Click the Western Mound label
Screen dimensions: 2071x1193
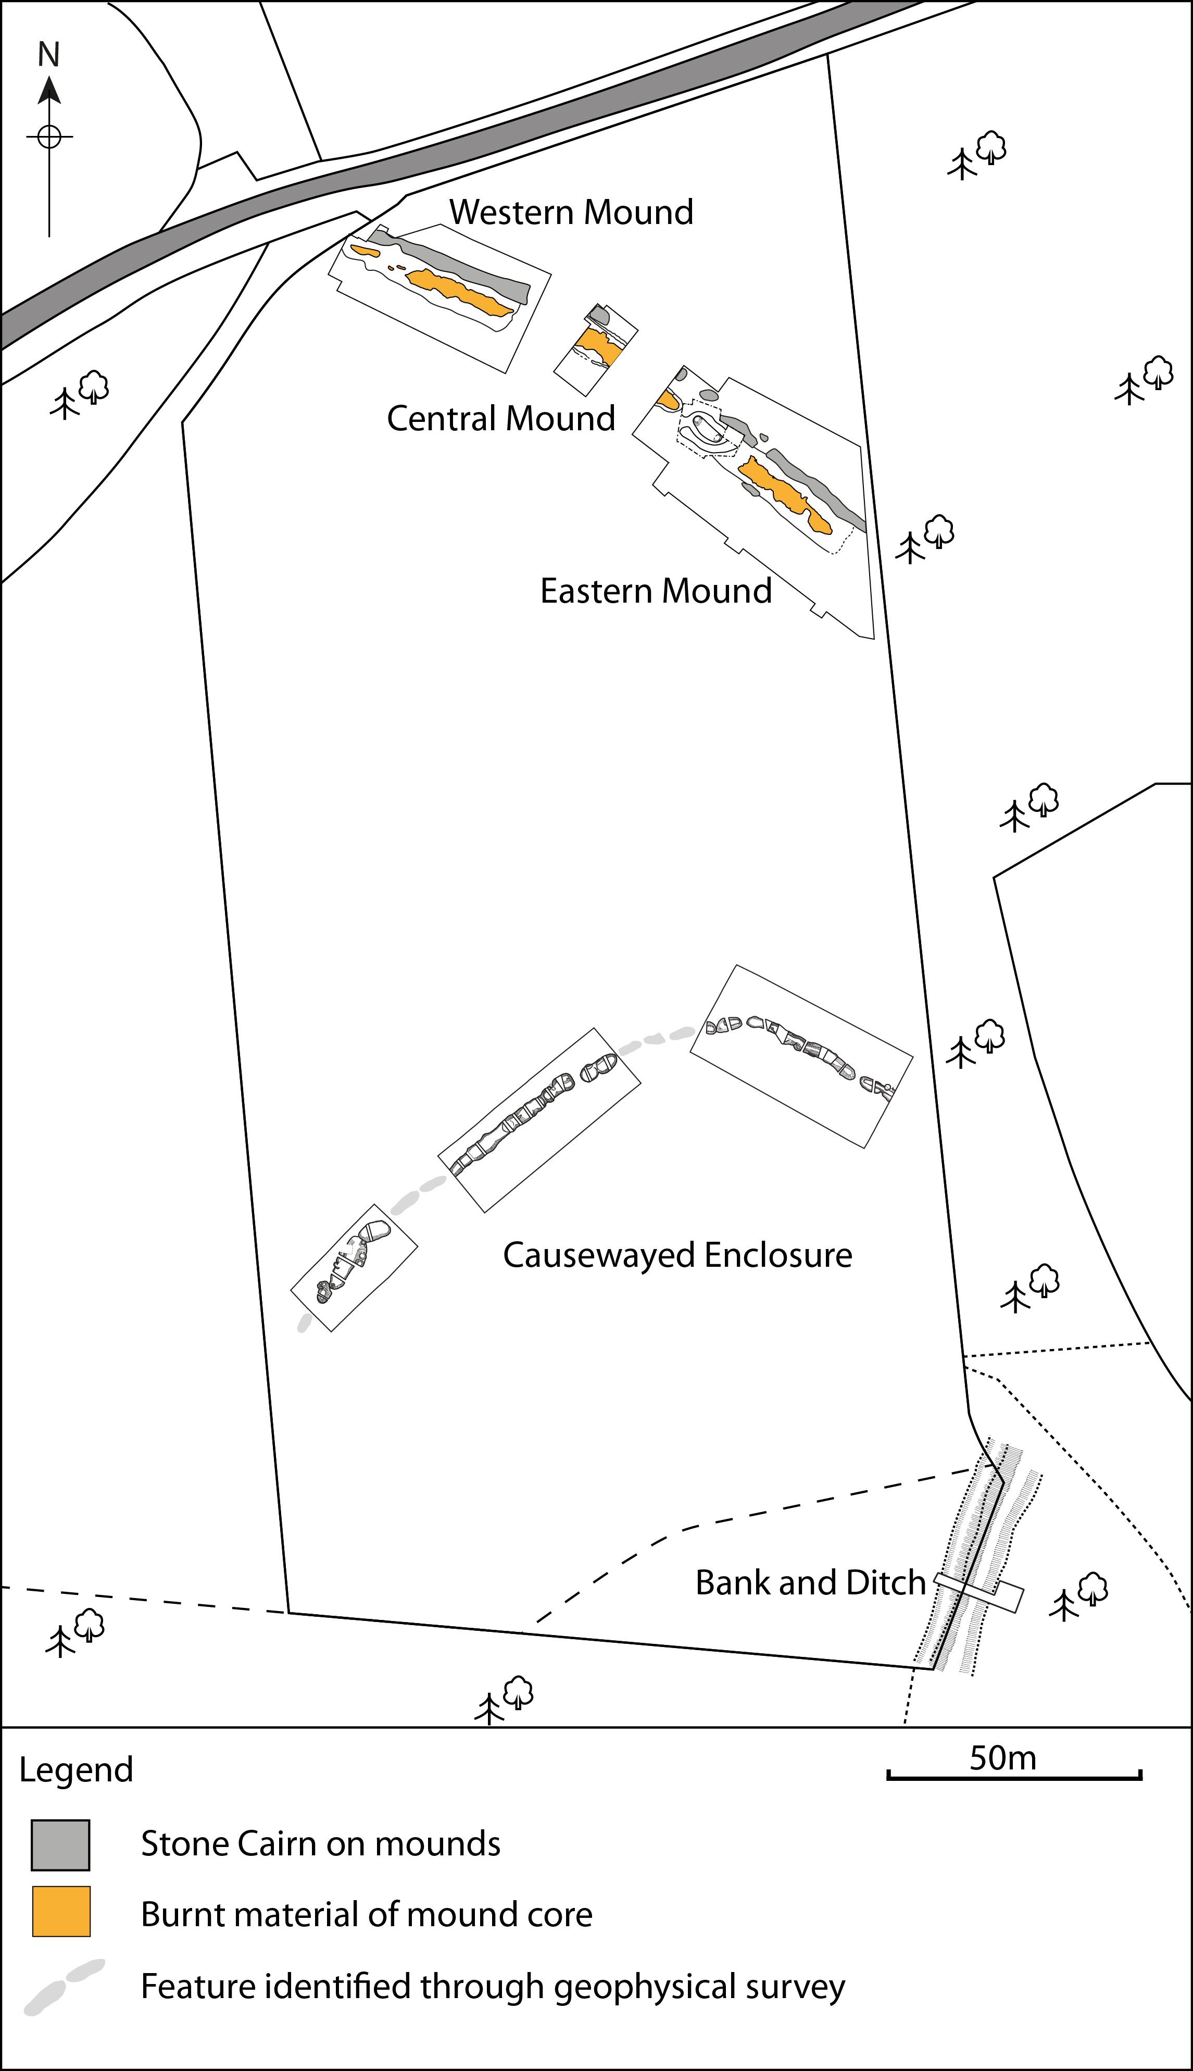click(x=571, y=213)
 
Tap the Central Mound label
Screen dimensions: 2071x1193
click(x=500, y=419)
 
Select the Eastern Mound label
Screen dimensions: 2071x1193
click(x=656, y=591)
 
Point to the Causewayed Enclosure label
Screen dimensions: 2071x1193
click(x=677, y=1255)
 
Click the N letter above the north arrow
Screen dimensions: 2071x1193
click(x=49, y=55)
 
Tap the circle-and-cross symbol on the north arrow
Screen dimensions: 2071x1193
click(x=49, y=136)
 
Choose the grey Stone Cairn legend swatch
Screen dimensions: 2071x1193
click(x=60, y=1845)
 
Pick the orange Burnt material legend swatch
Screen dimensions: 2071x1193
click(x=60, y=1911)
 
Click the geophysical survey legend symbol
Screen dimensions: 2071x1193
click(x=64, y=1988)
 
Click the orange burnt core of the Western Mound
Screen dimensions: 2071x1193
click(x=459, y=292)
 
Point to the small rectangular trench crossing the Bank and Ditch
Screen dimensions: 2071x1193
click(x=979, y=1592)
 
